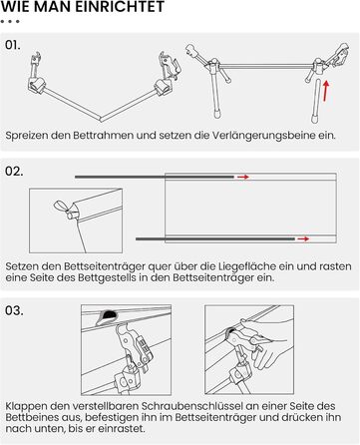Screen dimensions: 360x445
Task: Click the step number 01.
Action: (x=13, y=45)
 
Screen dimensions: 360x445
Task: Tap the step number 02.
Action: (x=14, y=172)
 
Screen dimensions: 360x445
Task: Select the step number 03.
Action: (x=14, y=310)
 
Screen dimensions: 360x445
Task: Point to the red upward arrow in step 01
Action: (x=326, y=90)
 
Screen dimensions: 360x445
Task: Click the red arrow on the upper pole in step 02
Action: (x=243, y=177)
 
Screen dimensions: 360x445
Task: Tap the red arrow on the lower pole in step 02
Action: (x=303, y=238)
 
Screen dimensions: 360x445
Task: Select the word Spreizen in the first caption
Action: (x=26, y=136)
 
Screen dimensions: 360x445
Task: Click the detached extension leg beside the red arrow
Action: (x=316, y=101)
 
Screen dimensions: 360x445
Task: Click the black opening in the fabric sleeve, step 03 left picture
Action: (x=108, y=314)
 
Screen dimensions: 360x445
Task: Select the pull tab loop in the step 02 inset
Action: (x=61, y=207)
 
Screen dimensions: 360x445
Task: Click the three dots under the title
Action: (x=10, y=22)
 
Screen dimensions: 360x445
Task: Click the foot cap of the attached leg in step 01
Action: (x=217, y=116)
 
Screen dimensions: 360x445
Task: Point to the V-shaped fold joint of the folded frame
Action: (x=101, y=119)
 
